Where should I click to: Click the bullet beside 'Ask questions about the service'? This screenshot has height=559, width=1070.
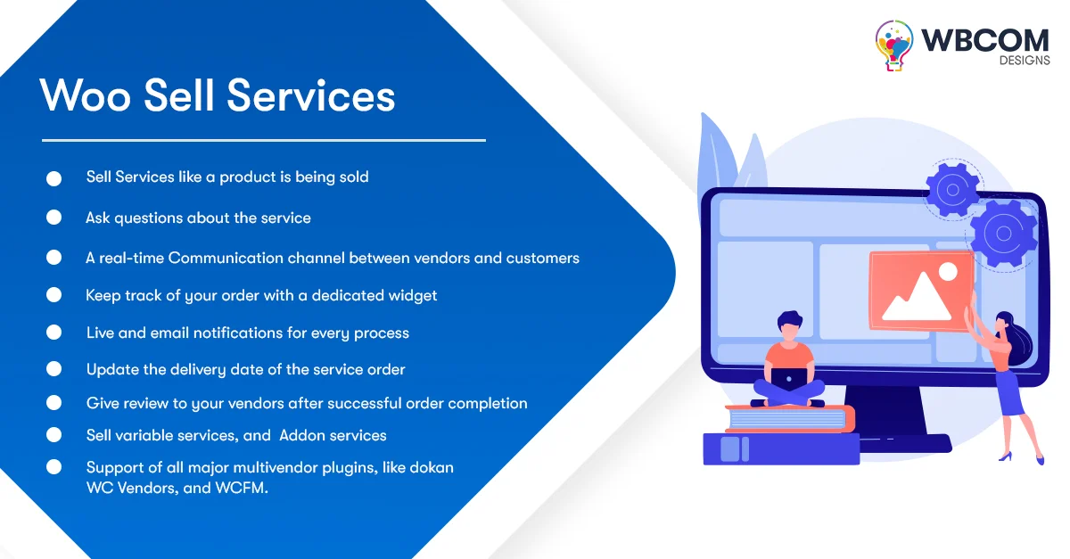53,218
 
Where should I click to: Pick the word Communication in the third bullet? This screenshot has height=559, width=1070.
226,259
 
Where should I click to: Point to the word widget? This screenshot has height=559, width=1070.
412,295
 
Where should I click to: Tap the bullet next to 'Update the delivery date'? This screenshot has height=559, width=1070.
53,369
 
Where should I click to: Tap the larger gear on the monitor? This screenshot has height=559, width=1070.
1003,234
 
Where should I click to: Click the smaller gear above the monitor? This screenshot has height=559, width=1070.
952,189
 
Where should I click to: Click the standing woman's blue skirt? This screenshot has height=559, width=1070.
1010,393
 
